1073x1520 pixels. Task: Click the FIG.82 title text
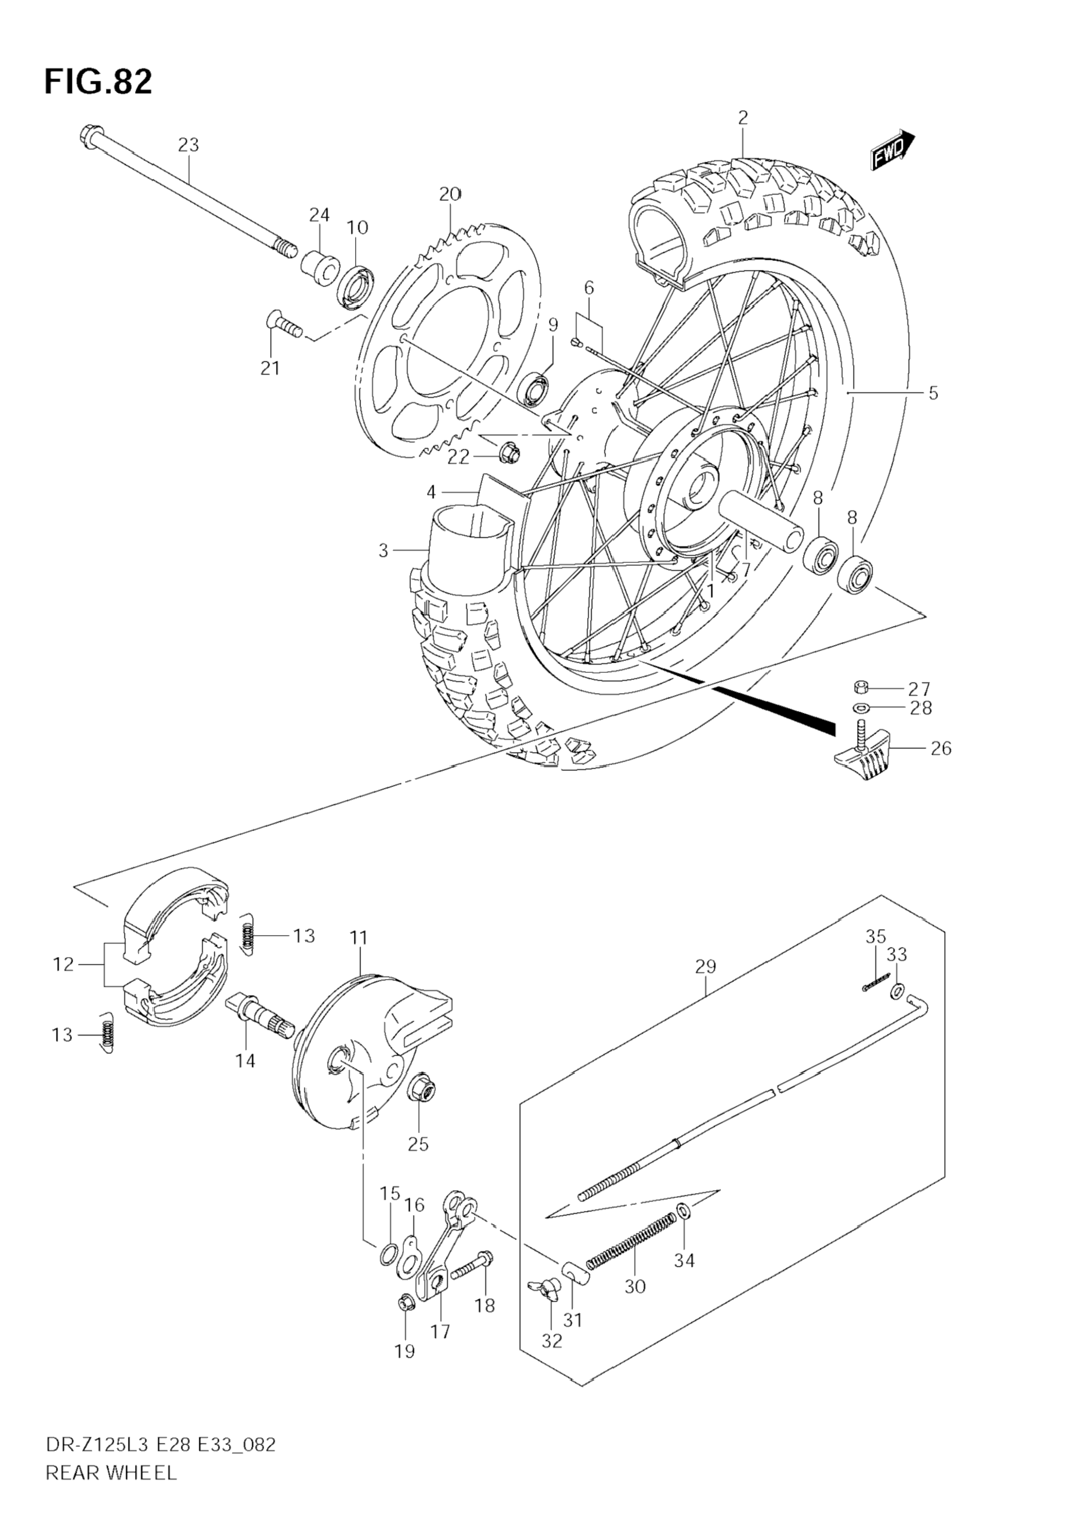click(98, 82)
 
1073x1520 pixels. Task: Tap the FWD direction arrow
click(893, 150)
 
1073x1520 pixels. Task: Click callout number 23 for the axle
click(188, 144)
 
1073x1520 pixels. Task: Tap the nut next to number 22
click(509, 452)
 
